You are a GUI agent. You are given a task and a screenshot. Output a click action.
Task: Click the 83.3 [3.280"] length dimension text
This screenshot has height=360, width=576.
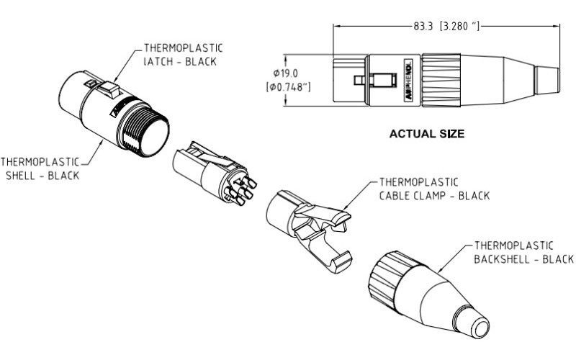pos(446,27)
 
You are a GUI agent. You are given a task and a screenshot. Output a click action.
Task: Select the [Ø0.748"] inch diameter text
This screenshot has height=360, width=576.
pos(288,88)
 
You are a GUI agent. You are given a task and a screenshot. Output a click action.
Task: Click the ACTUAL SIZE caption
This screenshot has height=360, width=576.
pos(426,133)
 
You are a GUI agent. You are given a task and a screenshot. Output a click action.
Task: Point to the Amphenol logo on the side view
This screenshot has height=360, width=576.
pos(406,78)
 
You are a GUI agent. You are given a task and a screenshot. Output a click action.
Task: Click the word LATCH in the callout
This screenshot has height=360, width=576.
pos(150,61)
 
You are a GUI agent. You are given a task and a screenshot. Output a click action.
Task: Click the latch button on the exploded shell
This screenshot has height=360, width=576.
pos(108,91)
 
